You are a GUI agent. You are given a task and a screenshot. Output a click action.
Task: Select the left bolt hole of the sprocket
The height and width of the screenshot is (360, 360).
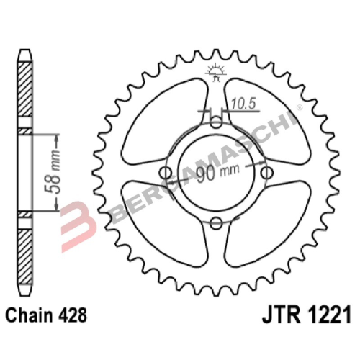point(165,173)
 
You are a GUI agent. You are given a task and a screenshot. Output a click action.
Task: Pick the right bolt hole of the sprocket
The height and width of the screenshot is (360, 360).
point(269,173)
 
